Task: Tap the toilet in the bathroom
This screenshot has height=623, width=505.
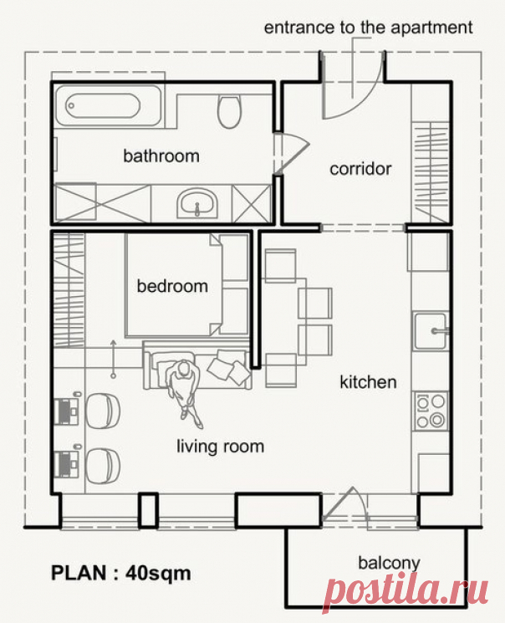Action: (229, 111)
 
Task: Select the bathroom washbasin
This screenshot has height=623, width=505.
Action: (197, 203)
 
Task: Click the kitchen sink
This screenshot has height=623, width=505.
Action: (431, 331)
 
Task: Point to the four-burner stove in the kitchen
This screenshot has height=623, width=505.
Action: (431, 411)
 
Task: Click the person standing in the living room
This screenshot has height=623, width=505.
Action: (185, 392)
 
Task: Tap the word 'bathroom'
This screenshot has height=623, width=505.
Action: (161, 156)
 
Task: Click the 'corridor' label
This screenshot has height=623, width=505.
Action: (360, 169)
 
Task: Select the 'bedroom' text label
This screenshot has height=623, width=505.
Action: (172, 286)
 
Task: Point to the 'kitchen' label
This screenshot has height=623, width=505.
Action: (368, 382)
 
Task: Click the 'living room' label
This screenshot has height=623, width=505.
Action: (221, 447)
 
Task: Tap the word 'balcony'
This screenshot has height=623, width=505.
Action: (389, 564)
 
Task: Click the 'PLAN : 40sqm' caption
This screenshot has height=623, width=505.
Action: (120, 574)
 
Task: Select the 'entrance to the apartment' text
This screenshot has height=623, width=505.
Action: (369, 28)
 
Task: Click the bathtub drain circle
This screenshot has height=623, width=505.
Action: (72, 105)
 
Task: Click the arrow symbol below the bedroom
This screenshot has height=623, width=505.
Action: (113, 359)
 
